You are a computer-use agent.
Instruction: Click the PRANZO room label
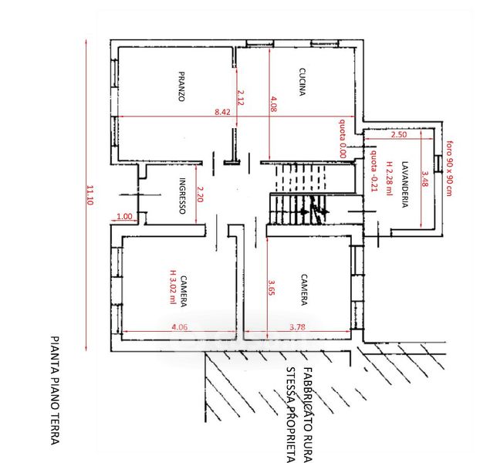(x=181, y=86)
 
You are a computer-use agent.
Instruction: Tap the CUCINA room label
(x=303, y=82)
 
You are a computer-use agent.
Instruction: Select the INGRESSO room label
(x=182, y=196)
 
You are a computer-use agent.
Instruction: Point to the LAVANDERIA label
(x=404, y=184)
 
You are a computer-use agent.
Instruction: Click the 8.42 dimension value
(x=222, y=112)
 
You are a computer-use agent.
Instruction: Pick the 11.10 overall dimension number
(x=90, y=195)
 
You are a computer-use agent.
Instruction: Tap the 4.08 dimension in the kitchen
(x=273, y=104)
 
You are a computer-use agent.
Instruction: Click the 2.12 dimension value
(x=241, y=97)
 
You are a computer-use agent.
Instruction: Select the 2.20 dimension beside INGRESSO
(x=200, y=194)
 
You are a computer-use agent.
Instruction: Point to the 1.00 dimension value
(x=124, y=216)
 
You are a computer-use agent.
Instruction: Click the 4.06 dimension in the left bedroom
(x=179, y=327)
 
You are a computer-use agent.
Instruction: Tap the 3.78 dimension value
(x=298, y=327)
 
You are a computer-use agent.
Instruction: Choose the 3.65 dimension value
(x=271, y=288)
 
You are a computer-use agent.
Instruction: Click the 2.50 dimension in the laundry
(x=399, y=134)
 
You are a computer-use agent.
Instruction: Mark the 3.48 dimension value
(x=425, y=178)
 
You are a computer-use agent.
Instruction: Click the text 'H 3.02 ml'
(x=174, y=287)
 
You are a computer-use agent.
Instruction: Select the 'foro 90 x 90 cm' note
(x=449, y=168)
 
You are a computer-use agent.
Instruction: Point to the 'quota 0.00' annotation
(x=342, y=138)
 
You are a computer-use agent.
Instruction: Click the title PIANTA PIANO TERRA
(x=55, y=390)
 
